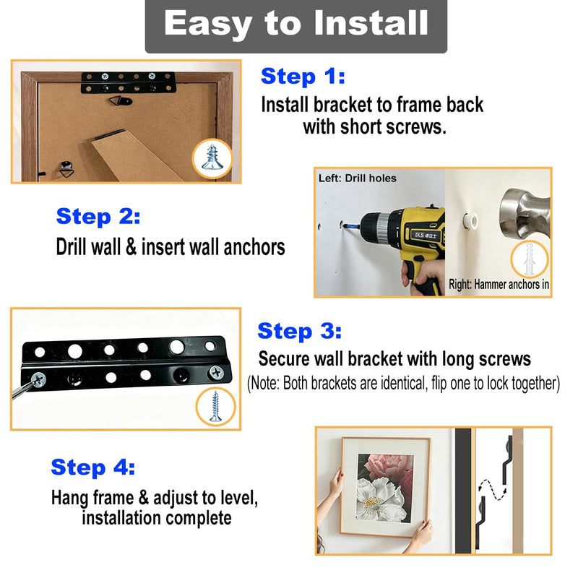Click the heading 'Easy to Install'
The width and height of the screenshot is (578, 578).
coord(296,24)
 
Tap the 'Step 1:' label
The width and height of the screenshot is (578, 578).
coord(303,77)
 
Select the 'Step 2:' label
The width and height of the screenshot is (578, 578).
coord(98,216)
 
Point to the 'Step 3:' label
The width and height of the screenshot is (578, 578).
coord(299,331)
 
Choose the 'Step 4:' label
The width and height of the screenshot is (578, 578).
coord(93,467)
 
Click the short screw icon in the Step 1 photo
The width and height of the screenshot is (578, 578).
coord(212,158)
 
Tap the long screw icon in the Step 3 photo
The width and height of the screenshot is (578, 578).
coord(215,406)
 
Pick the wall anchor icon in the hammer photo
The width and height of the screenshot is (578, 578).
coord(529,259)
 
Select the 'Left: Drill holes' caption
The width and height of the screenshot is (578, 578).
coord(357,178)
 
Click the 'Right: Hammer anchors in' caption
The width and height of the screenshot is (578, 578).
coord(499,285)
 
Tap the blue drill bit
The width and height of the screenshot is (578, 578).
coord(351,225)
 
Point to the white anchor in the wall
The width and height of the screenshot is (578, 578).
coord(470,221)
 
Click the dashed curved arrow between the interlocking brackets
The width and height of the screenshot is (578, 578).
coord(493,490)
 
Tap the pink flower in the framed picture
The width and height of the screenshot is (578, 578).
coord(389,468)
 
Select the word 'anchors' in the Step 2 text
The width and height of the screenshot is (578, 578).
coord(254,247)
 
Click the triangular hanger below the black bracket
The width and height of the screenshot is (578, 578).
coord(121,100)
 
